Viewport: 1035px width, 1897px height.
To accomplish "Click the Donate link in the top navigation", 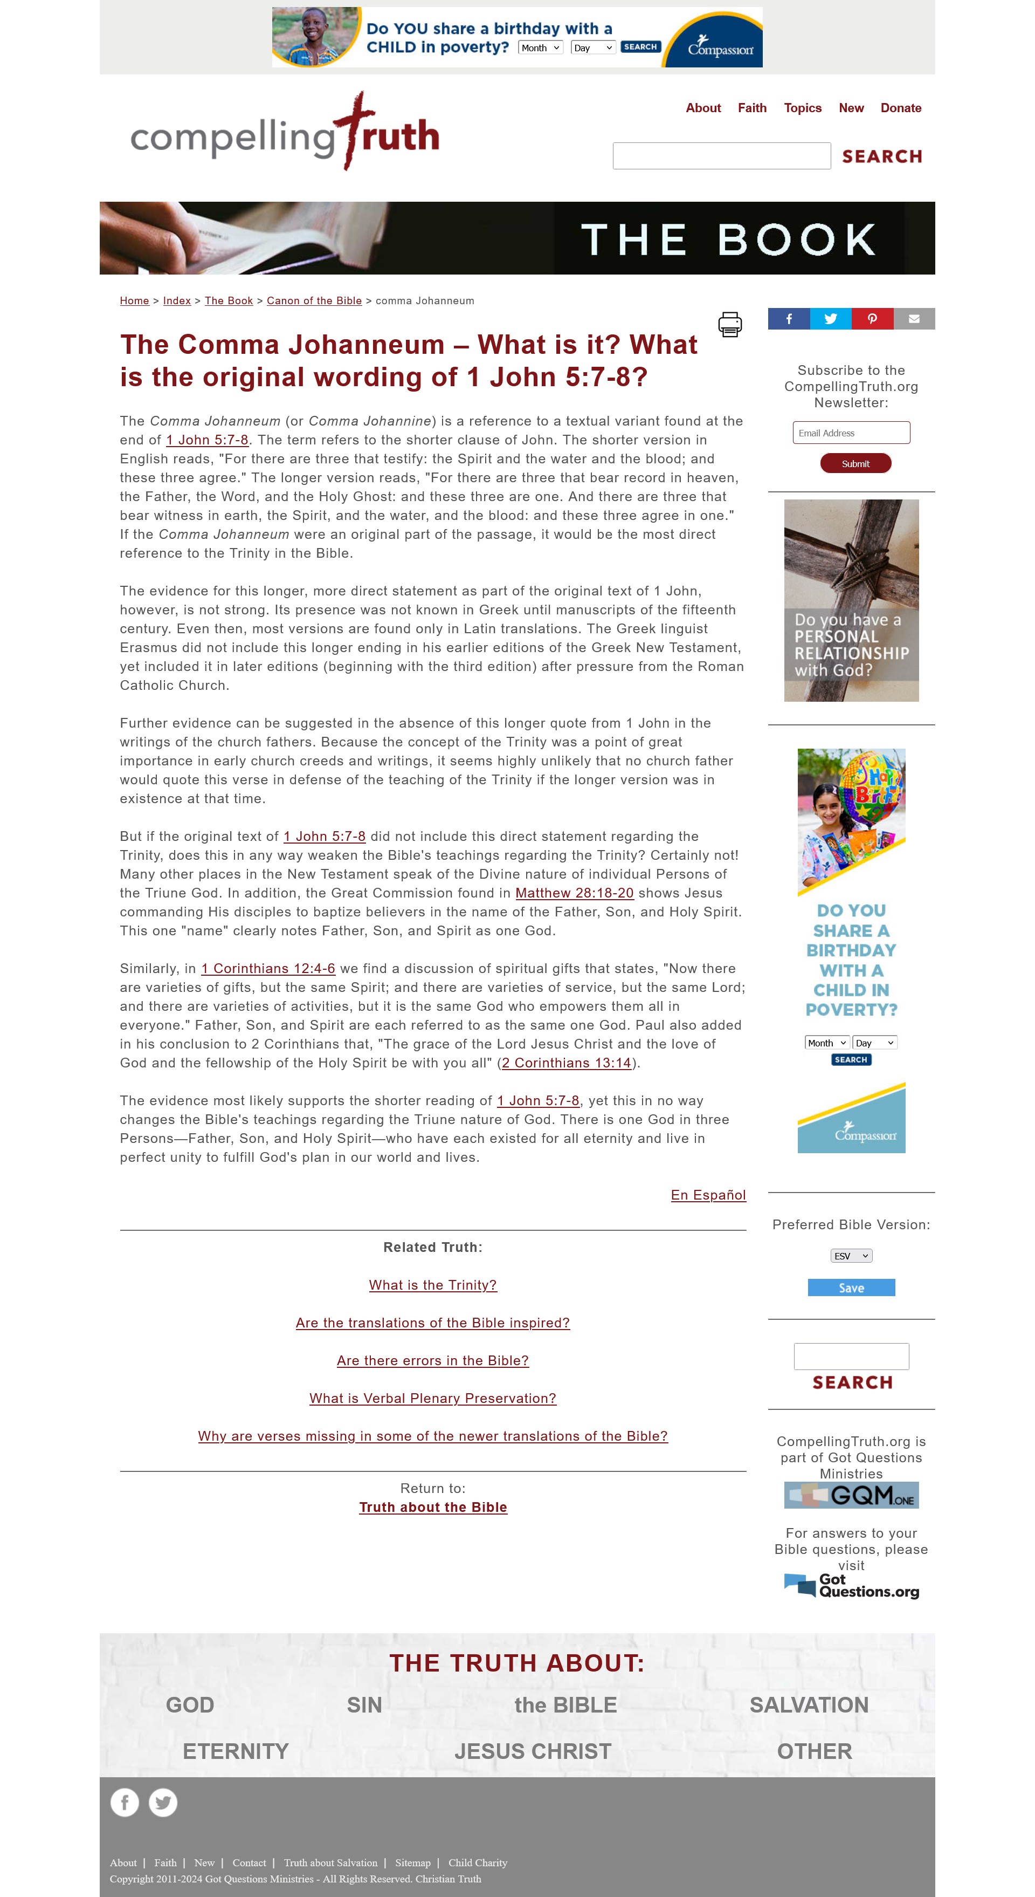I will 900,108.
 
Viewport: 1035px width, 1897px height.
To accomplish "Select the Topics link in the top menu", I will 802,108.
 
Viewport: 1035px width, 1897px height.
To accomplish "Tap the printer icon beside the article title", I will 729,324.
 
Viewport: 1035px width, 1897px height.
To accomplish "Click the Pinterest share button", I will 872,319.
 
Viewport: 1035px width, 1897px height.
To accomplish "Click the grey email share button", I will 914,319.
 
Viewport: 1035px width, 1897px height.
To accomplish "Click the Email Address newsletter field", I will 851,433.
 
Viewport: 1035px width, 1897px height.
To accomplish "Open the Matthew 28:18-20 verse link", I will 574,893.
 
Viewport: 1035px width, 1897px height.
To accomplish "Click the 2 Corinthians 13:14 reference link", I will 566,1063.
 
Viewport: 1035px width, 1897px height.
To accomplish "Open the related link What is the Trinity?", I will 433,1285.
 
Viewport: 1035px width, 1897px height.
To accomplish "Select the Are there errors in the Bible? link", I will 433,1360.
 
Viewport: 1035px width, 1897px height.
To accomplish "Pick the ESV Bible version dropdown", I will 851,1256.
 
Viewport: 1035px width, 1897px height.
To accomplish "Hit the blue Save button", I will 851,1288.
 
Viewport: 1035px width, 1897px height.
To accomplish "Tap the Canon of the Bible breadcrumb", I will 314,300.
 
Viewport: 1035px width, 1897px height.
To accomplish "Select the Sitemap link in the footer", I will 412,1862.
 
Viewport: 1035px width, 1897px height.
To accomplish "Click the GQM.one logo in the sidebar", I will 851,1495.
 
